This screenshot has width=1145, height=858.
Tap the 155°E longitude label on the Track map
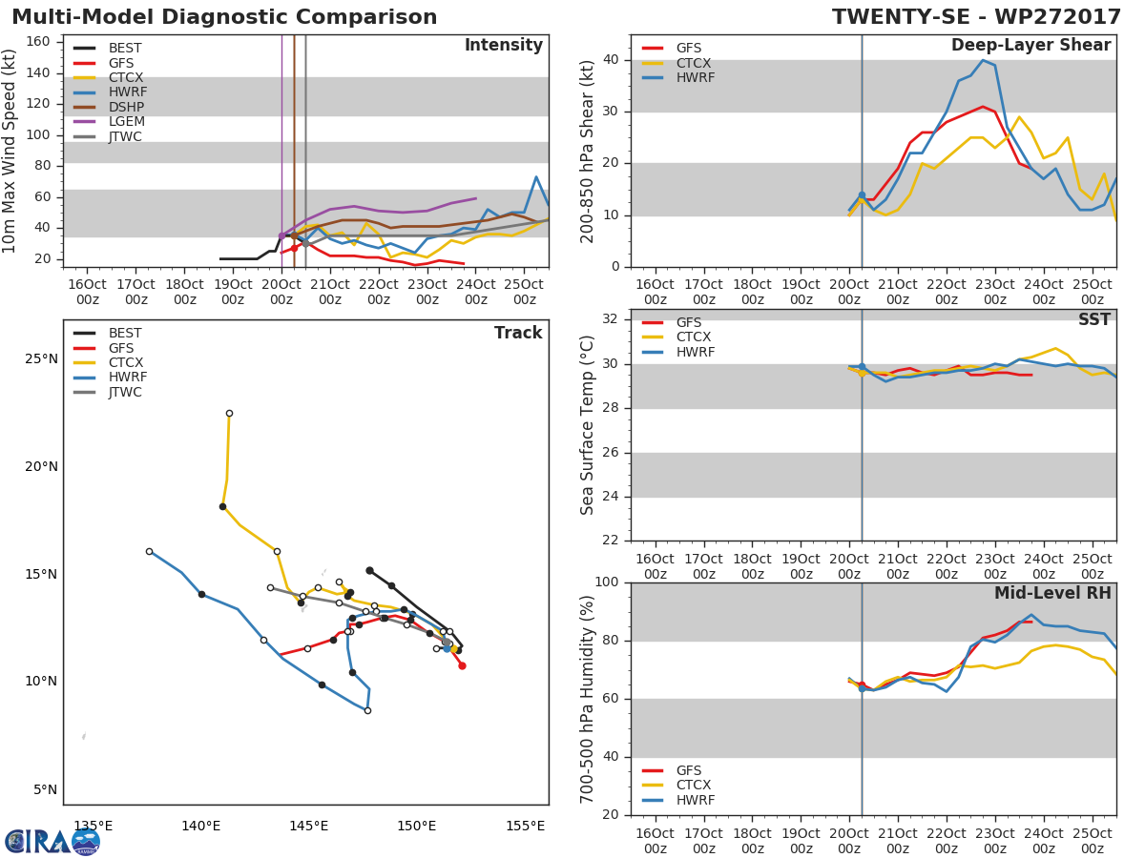pos(526,826)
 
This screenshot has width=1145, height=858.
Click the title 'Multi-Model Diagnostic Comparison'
pos(224,17)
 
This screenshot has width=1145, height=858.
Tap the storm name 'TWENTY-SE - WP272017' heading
pos(978,17)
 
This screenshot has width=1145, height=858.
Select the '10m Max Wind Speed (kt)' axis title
pos(10,153)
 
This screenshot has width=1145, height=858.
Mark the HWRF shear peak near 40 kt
pos(983,60)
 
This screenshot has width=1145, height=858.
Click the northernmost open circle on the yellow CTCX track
pos(229,413)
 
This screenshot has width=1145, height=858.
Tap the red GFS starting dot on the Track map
pos(462,665)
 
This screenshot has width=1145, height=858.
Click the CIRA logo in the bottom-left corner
pos(52,842)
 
